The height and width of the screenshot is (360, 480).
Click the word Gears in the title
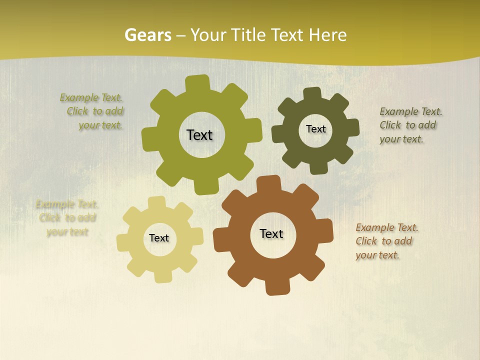coord(147,35)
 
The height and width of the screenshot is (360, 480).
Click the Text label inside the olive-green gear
coord(199,135)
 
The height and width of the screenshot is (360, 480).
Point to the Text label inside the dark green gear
coord(315,129)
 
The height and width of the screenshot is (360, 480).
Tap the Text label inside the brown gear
coord(271,233)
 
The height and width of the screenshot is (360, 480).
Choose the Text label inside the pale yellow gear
coord(159,238)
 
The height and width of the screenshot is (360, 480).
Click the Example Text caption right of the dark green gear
coord(410,125)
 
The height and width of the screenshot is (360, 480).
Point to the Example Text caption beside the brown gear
coord(386,241)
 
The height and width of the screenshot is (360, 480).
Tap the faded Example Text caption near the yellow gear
coord(67,218)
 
